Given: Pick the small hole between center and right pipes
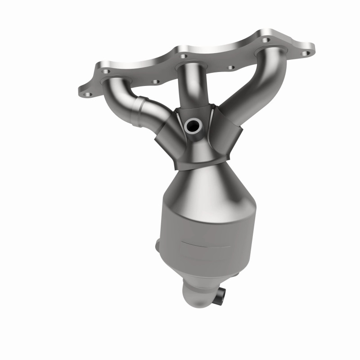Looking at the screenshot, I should (x=231, y=67).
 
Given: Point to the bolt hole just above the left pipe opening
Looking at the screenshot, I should (x=104, y=71).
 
